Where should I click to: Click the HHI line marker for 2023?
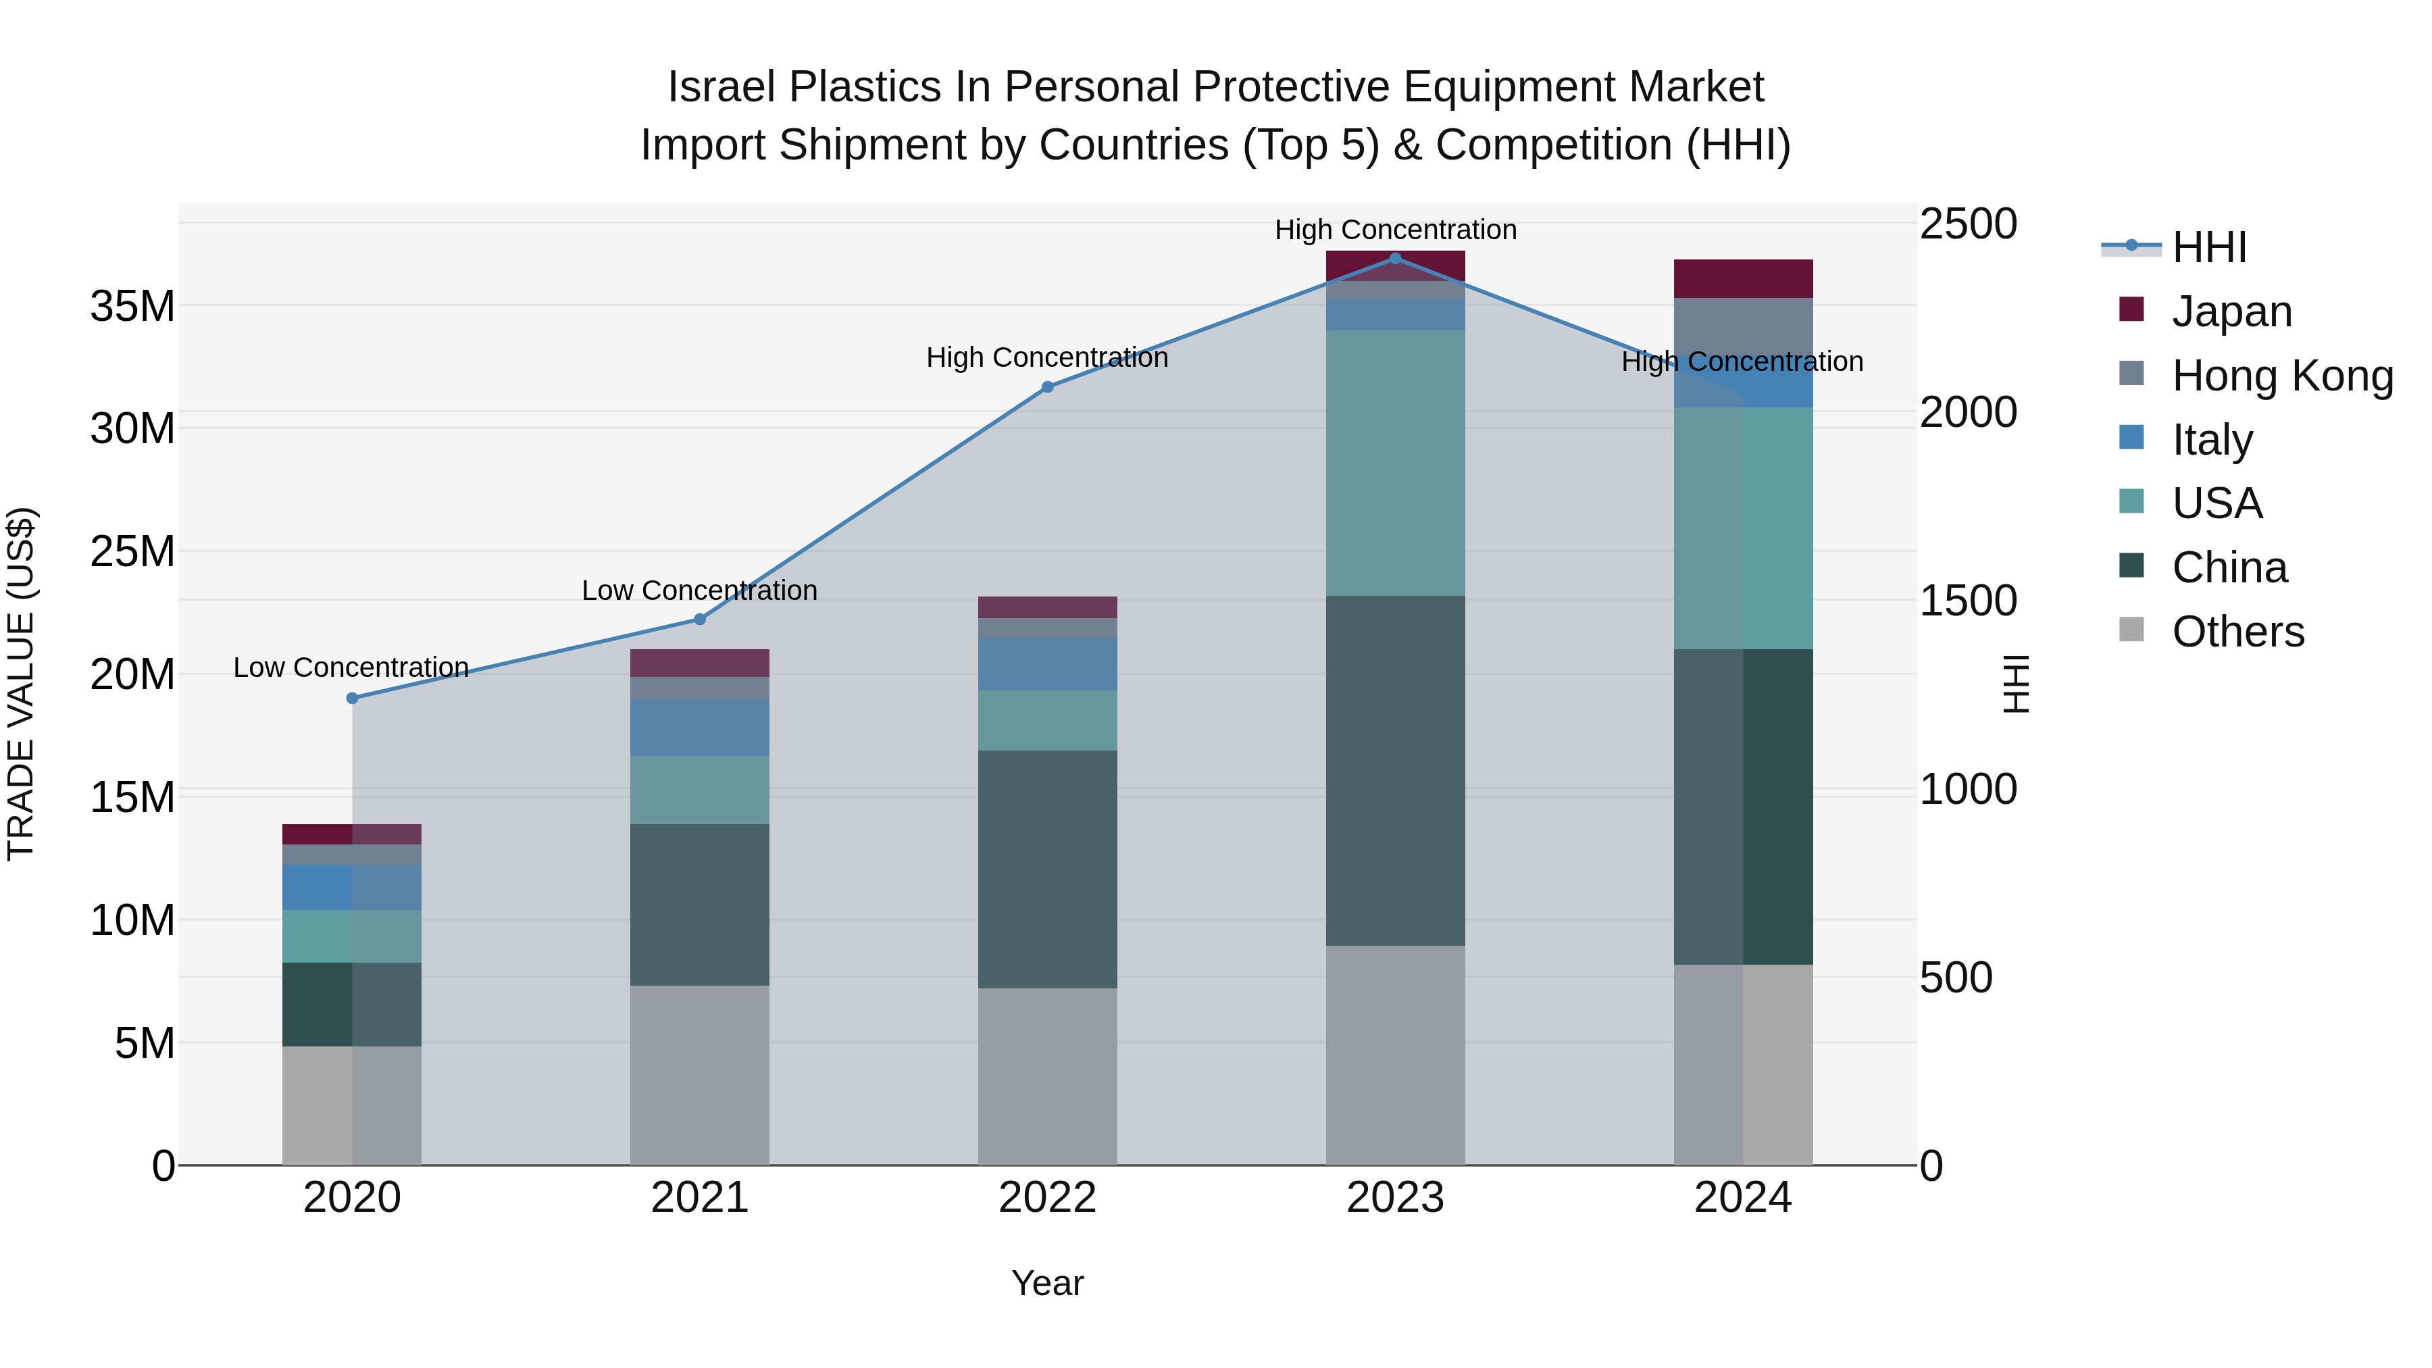pos(1396,258)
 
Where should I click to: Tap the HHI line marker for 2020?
pos(352,699)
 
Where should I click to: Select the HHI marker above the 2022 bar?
pos(1047,387)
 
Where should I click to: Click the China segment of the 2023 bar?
pos(1396,769)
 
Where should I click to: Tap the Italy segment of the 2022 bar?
pos(1047,663)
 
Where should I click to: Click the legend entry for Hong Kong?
pos(2282,376)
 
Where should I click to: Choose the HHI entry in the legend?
pos(2208,247)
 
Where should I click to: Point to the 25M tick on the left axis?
pos(133,551)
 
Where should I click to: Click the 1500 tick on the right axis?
pos(1969,601)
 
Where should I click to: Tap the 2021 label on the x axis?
pos(700,1198)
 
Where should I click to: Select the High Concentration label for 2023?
pos(1396,230)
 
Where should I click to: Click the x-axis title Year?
pos(1047,1283)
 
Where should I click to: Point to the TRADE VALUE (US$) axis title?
pos(21,684)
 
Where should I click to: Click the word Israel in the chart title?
pos(721,87)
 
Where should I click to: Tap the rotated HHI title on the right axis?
pos(2016,684)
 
